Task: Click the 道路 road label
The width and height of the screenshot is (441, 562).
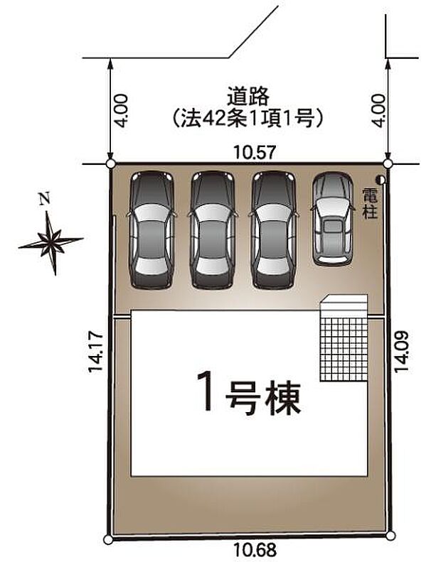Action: click(248, 97)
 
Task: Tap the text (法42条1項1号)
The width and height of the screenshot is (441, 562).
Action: click(248, 118)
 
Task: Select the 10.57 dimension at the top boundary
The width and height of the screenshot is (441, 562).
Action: click(255, 152)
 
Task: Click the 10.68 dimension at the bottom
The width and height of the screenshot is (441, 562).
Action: click(255, 549)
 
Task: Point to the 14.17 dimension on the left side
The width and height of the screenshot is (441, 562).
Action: click(95, 352)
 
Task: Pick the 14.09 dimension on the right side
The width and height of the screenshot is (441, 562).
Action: click(401, 352)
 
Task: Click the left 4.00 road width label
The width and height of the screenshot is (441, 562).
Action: click(121, 111)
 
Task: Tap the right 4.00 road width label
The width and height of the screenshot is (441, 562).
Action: click(378, 111)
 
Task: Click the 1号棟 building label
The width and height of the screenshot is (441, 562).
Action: click(249, 392)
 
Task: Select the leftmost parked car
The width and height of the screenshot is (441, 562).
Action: click(152, 230)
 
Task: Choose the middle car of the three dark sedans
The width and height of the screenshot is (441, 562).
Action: click(213, 230)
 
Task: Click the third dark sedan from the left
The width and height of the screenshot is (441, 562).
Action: click(274, 230)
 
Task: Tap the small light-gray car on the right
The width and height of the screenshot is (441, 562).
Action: click(333, 219)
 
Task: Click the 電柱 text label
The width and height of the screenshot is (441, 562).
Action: click(370, 203)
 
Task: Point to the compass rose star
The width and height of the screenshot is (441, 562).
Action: click(51, 243)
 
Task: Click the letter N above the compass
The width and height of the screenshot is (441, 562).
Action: click(45, 198)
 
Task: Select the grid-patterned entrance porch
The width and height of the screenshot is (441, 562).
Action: click(344, 338)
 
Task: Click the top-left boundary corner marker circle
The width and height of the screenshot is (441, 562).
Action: click(111, 164)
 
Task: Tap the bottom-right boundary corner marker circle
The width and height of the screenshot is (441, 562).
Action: click(390, 536)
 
